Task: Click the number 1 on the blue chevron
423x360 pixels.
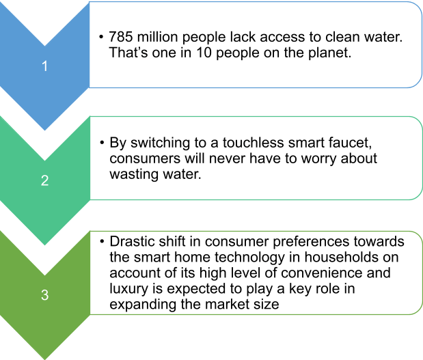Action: [45, 66]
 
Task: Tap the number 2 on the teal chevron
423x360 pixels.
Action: [45, 180]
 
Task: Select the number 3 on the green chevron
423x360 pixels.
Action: [45, 294]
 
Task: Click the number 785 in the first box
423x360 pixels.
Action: [121, 37]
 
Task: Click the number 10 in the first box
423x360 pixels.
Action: [204, 53]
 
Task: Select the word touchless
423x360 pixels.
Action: [253, 142]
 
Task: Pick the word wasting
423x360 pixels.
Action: [134, 175]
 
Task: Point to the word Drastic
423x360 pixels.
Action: [132, 241]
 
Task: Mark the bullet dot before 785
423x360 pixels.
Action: [101, 37]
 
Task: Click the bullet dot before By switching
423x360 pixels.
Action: [102, 142]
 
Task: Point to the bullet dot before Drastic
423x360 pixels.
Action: [102, 241]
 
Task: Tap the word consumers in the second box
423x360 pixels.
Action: [145, 158]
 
